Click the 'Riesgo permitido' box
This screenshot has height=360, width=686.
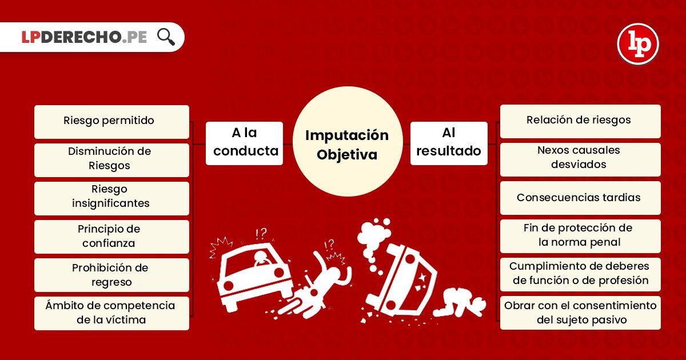(111, 121)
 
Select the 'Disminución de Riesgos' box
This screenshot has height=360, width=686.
(111, 159)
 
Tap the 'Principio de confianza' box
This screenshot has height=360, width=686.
(111, 236)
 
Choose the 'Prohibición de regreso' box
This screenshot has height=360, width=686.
(111, 275)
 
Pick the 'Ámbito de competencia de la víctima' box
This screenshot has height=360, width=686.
(111, 313)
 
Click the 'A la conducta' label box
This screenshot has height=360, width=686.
(244, 143)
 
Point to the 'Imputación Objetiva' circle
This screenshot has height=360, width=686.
(347, 145)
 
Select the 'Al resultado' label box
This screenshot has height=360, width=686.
(449, 143)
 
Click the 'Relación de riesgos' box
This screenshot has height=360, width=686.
(580, 121)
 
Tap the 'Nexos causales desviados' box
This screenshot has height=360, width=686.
(580, 158)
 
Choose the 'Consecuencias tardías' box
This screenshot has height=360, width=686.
(580, 198)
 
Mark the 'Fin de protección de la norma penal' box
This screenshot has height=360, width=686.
(580, 235)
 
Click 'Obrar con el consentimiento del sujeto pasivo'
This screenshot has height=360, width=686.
(580, 313)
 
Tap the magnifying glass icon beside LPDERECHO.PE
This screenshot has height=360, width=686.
(166, 37)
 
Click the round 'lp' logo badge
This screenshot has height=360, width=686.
(638, 44)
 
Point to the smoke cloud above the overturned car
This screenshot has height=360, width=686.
(374, 233)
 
